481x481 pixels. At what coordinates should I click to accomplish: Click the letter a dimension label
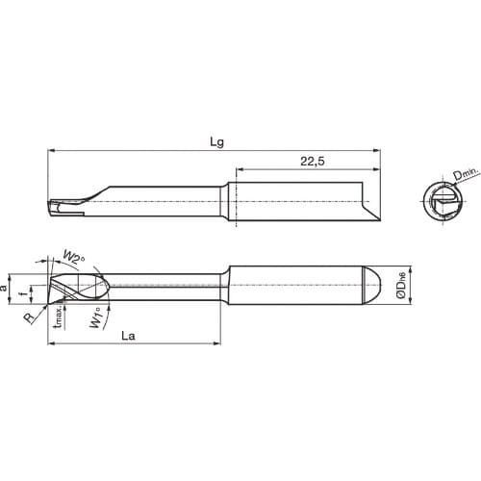[x=8, y=287]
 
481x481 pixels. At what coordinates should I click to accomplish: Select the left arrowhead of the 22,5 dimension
[x=232, y=171]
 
